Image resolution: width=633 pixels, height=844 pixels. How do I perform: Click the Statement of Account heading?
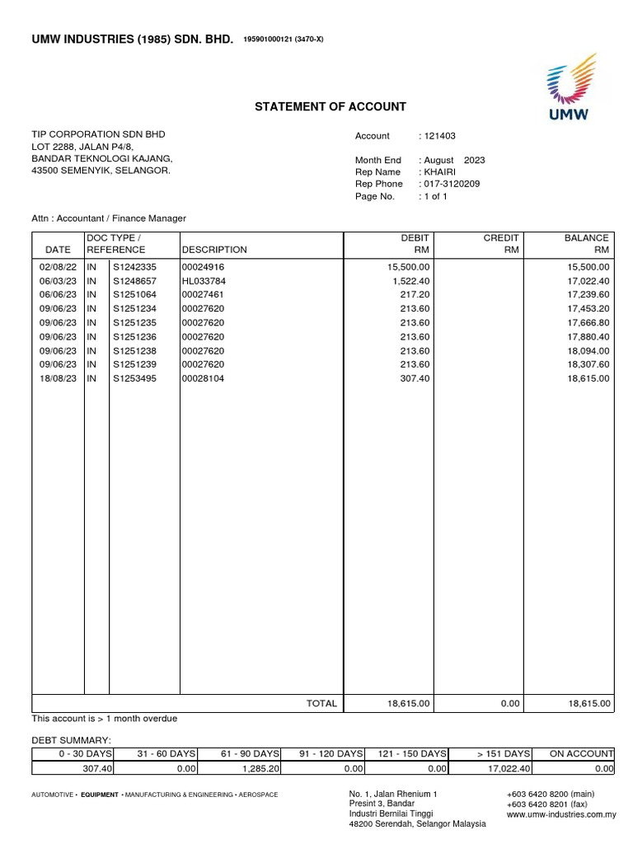click(330, 106)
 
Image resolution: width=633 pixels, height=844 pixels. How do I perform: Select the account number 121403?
click(440, 136)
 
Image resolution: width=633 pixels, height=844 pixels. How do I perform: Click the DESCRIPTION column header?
click(214, 250)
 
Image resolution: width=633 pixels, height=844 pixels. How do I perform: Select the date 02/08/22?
click(58, 268)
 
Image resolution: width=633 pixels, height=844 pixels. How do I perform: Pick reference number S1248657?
click(134, 281)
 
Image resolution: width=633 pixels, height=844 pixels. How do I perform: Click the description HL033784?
click(203, 281)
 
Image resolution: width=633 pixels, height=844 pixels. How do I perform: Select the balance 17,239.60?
click(588, 294)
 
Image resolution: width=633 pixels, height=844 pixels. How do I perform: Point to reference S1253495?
click(134, 379)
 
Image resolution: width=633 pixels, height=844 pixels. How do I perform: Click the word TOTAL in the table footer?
click(321, 704)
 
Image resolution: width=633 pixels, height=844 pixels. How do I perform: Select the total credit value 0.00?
click(510, 704)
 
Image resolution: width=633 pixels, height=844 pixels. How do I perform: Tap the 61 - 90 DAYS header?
click(251, 753)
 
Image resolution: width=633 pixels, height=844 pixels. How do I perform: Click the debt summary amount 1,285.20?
click(262, 769)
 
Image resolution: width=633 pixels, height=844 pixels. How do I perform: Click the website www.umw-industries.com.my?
click(561, 814)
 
